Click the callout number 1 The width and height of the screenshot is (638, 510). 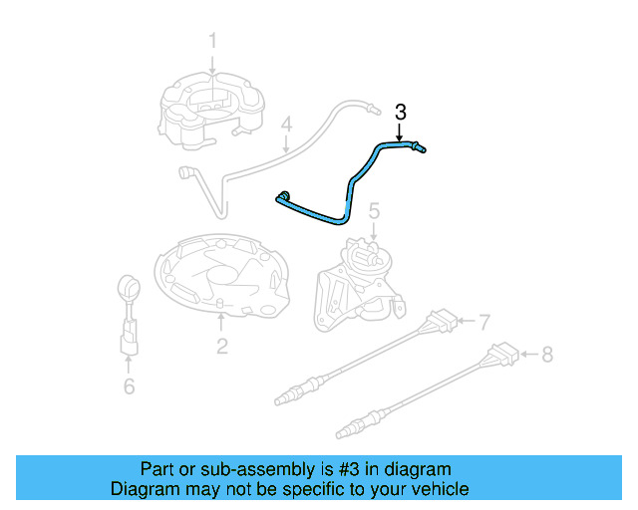tap(211, 41)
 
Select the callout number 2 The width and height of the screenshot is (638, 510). tap(221, 346)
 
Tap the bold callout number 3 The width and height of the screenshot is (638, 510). tap(401, 112)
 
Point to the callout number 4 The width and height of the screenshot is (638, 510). tap(286, 126)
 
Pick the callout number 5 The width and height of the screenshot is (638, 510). tap(374, 211)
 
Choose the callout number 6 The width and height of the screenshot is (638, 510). tap(129, 386)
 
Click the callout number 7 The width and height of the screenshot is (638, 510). tap(483, 322)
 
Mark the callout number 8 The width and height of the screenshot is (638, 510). tap(545, 353)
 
